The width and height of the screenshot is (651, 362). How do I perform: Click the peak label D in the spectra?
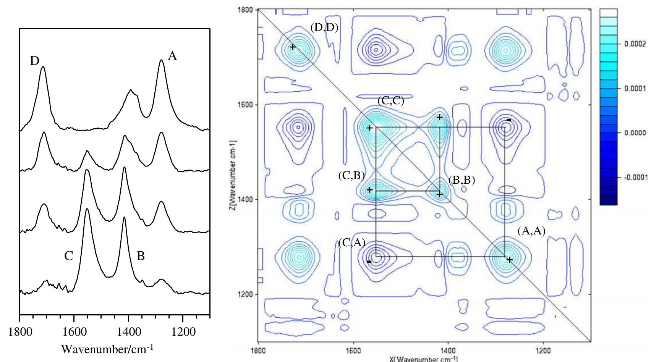[35, 61]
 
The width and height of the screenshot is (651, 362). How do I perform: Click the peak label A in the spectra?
[173, 57]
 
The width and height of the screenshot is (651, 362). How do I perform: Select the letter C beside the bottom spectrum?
[68, 256]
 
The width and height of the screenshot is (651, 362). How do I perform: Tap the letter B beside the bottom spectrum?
[141, 256]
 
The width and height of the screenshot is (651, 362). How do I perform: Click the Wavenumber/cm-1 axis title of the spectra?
[107, 349]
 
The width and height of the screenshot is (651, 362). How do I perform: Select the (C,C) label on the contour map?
[390, 101]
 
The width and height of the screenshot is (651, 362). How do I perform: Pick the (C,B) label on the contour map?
[351, 176]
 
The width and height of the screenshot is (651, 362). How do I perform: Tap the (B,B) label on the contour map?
[462, 180]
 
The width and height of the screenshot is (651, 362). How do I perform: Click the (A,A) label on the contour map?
[531, 231]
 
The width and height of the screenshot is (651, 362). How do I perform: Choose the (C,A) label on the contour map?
[352, 243]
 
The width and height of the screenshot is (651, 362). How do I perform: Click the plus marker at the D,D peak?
[293, 47]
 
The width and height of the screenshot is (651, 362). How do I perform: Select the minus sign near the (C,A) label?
[369, 262]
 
